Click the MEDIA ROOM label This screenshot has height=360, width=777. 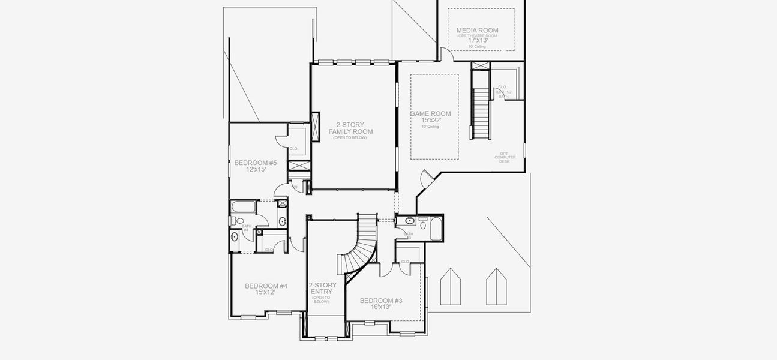[x=477, y=30]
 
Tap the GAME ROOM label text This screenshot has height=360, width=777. [x=430, y=113]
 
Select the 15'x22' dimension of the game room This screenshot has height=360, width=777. [x=430, y=120]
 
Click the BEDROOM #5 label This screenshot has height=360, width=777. [x=255, y=163]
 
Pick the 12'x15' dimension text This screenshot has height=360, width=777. [x=255, y=169]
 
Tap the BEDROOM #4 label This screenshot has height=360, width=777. [x=266, y=286]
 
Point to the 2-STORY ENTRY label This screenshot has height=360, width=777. [x=322, y=289]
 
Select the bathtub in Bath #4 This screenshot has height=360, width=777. [x=243, y=208]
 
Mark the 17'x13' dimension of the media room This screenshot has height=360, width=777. [x=477, y=40]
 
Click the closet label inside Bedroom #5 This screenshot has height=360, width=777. [x=294, y=149]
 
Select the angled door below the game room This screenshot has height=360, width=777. [x=425, y=178]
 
